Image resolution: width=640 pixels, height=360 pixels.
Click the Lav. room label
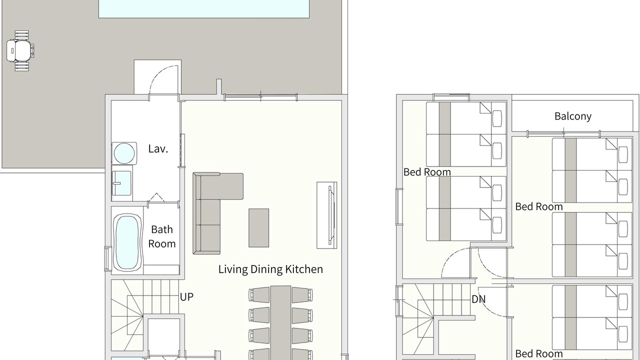(158, 149)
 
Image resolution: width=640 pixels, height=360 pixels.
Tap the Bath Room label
(161, 236)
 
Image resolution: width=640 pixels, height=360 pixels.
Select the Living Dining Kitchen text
(270, 269)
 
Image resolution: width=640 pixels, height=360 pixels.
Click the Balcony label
(573, 116)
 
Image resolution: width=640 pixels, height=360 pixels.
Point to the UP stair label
(186, 297)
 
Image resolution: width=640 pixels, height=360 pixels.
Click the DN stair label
(478, 299)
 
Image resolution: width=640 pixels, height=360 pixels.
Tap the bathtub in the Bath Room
(127, 242)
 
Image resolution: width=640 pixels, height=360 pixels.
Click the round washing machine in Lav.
(124, 153)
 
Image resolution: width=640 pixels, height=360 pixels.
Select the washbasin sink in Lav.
(121, 183)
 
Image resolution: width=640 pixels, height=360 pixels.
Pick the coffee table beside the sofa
(258, 228)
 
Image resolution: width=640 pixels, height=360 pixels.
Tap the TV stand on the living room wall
(327, 215)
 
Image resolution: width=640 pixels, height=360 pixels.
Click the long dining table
(281, 323)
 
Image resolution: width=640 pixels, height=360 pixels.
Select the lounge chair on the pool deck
(20, 51)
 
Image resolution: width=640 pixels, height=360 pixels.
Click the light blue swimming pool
(203, 9)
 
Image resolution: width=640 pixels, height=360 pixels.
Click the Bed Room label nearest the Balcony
(539, 207)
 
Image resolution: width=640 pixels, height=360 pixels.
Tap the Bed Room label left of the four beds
(427, 172)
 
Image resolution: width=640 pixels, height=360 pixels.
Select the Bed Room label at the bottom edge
(539, 353)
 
